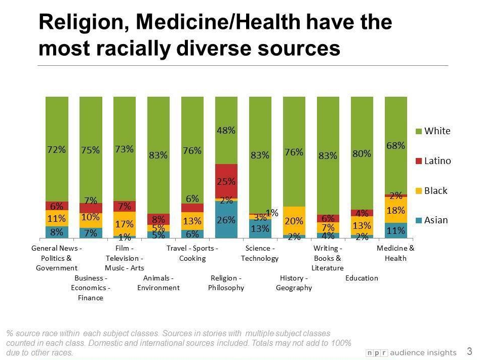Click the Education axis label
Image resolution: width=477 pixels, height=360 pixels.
pos(362,278)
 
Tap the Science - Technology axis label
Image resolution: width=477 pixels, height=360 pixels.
pos(260,253)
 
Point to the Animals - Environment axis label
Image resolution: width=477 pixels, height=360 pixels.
pos(158,283)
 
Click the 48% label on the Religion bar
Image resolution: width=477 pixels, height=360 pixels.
pos(226,130)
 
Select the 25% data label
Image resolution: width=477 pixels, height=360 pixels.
pos(226,181)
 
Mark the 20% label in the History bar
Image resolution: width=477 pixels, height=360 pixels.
pos(294,221)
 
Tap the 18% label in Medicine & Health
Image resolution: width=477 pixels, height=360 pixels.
pos(395,210)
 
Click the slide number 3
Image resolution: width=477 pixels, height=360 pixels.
pos(469,351)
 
